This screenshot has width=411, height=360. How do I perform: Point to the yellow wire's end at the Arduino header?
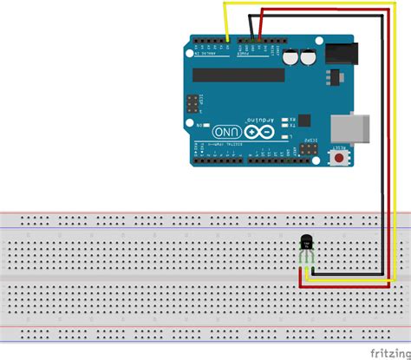point(226,39)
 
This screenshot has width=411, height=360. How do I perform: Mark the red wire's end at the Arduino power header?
point(259,39)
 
